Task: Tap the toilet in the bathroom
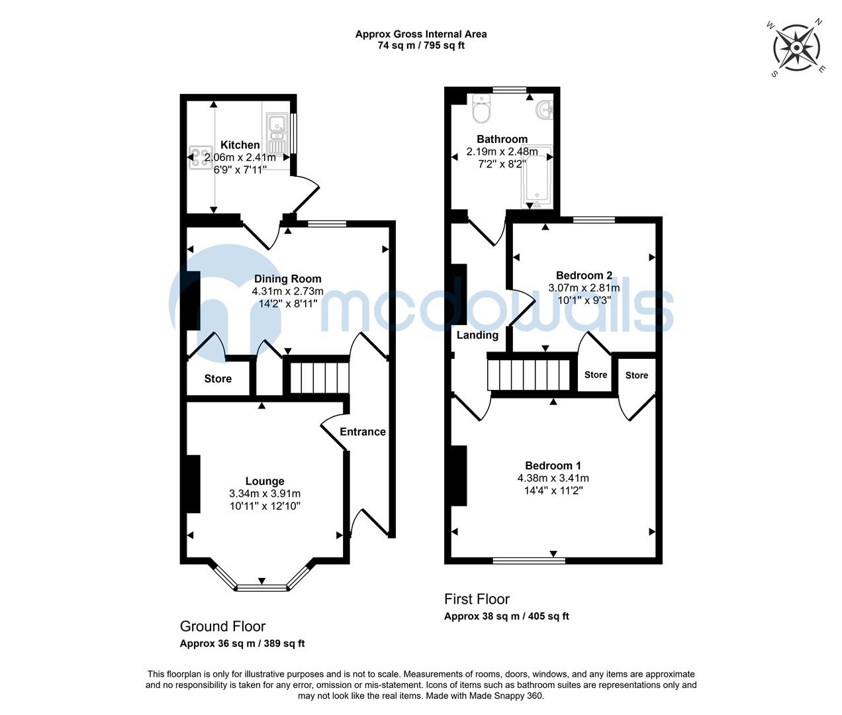(481, 110)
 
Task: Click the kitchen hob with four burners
(197, 158)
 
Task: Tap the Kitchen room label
(240, 145)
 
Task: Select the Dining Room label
(287, 279)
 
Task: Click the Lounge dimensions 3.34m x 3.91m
(265, 493)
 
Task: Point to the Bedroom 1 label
(553, 465)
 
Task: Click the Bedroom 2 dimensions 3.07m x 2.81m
(584, 287)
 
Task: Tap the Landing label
(477, 335)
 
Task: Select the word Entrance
(362, 432)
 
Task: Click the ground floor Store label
(218, 379)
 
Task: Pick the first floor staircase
(529, 374)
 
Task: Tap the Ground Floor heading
(222, 626)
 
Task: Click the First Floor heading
(477, 599)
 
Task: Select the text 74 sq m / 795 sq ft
(421, 46)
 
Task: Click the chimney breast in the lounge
(193, 484)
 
